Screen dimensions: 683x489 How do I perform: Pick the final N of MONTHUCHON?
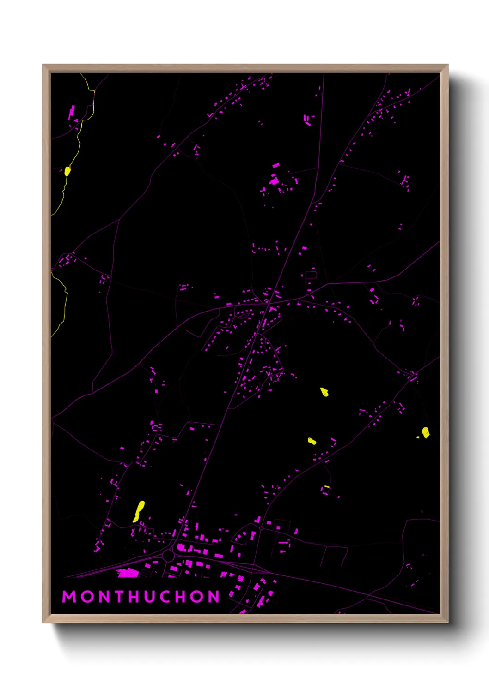click(214, 597)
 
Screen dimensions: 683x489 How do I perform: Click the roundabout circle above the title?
click(168, 556)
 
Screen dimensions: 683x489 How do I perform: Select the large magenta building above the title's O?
click(128, 573)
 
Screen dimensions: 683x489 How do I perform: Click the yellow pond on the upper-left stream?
click(67, 171)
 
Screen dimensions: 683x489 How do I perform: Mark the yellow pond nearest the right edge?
click(425, 432)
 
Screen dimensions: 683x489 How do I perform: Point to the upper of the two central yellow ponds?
click(324, 392)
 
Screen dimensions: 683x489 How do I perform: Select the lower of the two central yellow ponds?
click(312, 441)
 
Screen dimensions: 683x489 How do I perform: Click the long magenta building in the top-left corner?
click(72, 112)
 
